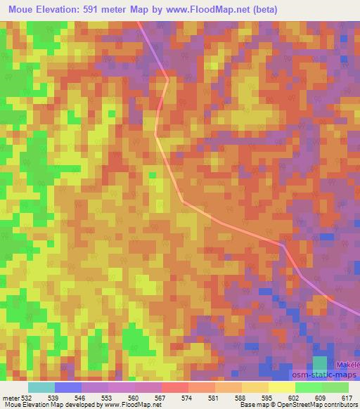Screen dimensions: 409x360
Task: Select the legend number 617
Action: pyautogui.click(x=346, y=396)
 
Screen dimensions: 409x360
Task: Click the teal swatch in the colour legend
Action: pyautogui.click(x=41, y=387)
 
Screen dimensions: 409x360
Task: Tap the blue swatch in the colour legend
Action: pyautogui.click(x=68, y=387)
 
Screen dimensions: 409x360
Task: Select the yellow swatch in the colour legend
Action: pyautogui.click(x=281, y=387)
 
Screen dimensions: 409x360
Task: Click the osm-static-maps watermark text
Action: pyautogui.click(x=324, y=374)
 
